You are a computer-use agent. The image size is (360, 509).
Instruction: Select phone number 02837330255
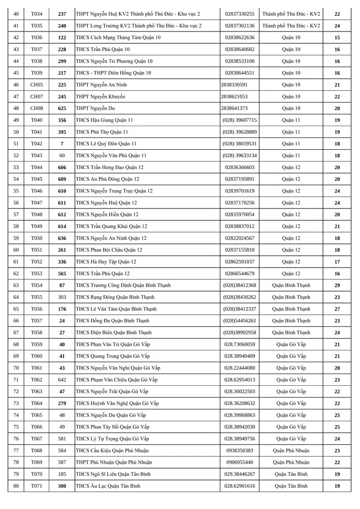(x=240, y=14)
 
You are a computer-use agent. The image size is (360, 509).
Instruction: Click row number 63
(x=16, y=285)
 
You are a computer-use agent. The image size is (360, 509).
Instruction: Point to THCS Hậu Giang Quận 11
(x=104, y=120)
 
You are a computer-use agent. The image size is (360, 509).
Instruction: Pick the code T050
(x=36, y=238)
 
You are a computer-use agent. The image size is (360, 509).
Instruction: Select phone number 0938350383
(x=240, y=450)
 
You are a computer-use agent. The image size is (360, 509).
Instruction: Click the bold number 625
(x=62, y=108)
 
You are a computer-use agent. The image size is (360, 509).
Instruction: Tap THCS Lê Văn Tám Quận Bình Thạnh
(x=116, y=309)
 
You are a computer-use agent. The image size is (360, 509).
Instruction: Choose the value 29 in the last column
(x=337, y=285)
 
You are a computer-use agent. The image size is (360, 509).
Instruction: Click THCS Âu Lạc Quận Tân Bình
(x=108, y=486)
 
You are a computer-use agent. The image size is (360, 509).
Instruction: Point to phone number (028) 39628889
(x=240, y=132)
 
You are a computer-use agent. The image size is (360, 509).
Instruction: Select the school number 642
(x=62, y=379)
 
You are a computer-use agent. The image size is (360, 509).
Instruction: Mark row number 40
(x=16, y=14)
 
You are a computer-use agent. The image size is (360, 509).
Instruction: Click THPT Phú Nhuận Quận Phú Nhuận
(x=114, y=462)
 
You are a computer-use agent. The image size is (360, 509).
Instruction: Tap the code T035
(x=36, y=26)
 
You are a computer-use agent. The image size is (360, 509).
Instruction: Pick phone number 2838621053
(x=234, y=97)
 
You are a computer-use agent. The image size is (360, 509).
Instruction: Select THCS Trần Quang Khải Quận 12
(x=111, y=226)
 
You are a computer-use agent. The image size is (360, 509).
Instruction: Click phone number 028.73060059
(x=240, y=344)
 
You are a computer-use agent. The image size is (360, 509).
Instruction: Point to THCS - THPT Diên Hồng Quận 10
(x=113, y=73)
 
